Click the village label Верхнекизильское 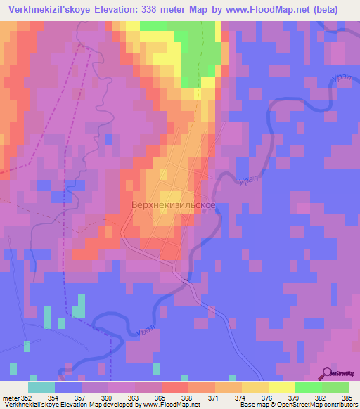point(173,205)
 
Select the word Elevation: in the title point(115,10)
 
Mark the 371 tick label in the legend point(209,397)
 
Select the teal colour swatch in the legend point(41,387)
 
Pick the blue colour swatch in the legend point(68,387)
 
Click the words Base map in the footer point(252,405)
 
